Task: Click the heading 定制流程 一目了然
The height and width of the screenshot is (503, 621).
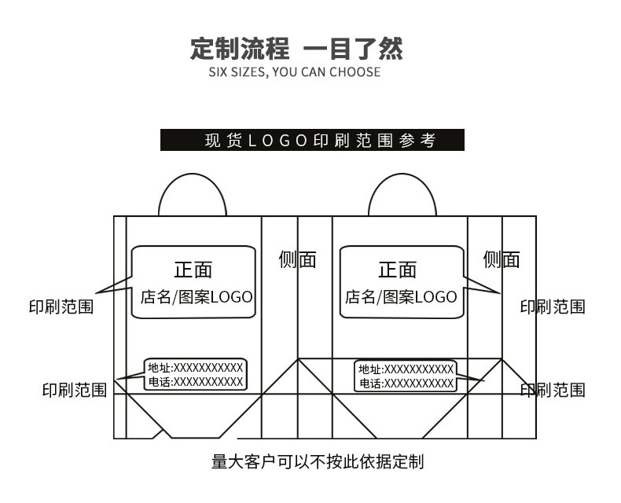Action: click(296, 49)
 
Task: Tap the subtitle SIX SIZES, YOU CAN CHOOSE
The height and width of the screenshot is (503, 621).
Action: click(295, 72)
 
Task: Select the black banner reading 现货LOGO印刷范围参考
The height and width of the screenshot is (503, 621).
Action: click(312, 140)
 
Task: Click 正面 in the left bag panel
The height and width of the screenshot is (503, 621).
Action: click(193, 270)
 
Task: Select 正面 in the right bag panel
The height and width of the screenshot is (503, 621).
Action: click(397, 270)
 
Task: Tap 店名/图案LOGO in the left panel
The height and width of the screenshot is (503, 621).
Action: click(197, 297)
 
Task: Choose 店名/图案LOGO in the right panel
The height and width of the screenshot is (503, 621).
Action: click(401, 297)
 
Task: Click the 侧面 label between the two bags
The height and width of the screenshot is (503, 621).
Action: click(297, 260)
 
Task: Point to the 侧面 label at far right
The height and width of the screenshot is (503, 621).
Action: click(502, 260)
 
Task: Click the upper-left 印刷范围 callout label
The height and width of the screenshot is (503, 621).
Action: click(61, 307)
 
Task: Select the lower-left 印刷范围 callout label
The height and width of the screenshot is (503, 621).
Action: click(75, 390)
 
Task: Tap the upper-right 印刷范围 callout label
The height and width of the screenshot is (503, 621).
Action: click(553, 307)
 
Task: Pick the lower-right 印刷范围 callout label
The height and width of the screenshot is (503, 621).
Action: click(553, 390)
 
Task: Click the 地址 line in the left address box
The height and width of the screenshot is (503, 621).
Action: click(195, 368)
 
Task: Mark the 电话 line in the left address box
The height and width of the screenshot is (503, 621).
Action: click(195, 382)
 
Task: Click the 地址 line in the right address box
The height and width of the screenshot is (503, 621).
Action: click(406, 369)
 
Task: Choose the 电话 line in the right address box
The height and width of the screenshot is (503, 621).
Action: click(406, 384)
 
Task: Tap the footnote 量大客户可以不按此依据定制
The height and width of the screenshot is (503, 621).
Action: click(318, 462)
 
